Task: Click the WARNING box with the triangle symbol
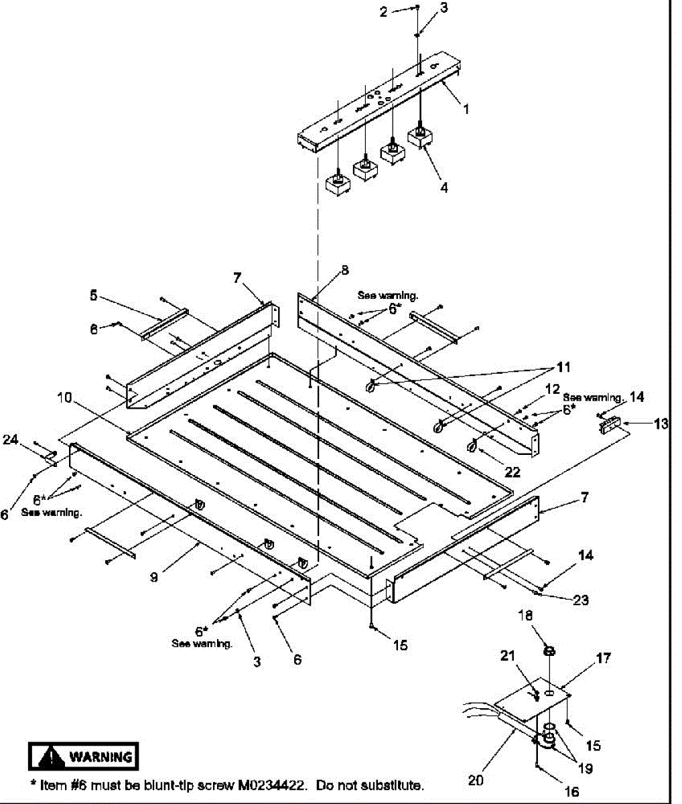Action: pyautogui.click(x=83, y=757)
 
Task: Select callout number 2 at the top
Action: pyautogui.click(x=384, y=11)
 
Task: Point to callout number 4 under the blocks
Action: pyautogui.click(x=444, y=188)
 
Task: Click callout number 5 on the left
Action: pyautogui.click(x=93, y=294)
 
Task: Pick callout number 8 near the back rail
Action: pyautogui.click(x=344, y=271)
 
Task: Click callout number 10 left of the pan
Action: pyautogui.click(x=64, y=398)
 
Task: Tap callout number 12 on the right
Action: pyautogui.click(x=552, y=389)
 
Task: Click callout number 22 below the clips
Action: pyautogui.click(x=512, y=472)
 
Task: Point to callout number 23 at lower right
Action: pyautogui.click(x=580, y=600)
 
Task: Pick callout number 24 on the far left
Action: pyautogui.click(x=10, y=440)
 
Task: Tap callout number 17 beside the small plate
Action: pyautogui.click(x=603, y=659)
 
